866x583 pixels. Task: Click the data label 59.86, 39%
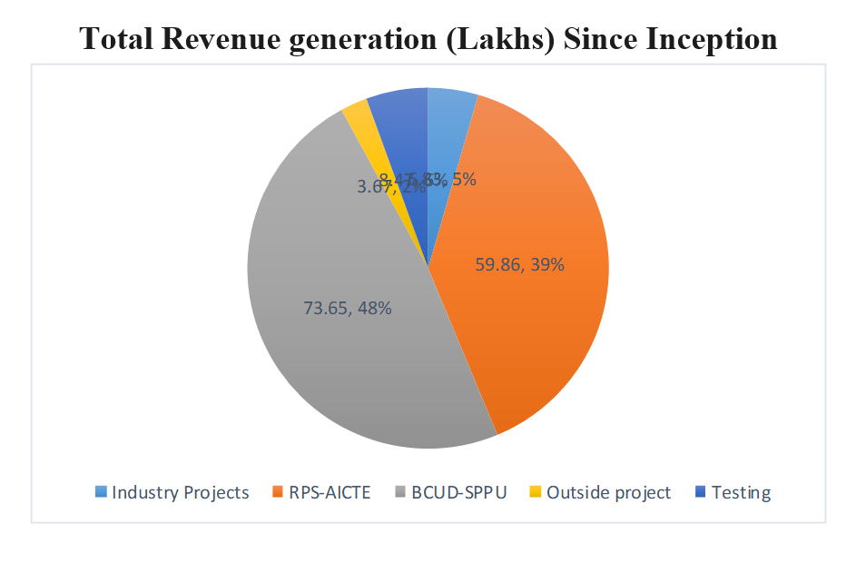pyautogui.click(x=520, y=265)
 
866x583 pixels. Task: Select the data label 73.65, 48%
pyautogui.click(x=347, y=308)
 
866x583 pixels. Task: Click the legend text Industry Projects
pyautogui.click(x=180, y=493)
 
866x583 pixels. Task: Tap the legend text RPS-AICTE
pyautogui.click(x=330, y=493)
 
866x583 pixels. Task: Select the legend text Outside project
pyautogui.click(x=609, y=493)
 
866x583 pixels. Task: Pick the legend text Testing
pyautogui.click(x=741, y=493)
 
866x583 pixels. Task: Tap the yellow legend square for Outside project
pyautogui.click(x=536, y=493)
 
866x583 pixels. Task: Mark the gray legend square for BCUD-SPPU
pyautogui.click(x=399, y=493)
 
